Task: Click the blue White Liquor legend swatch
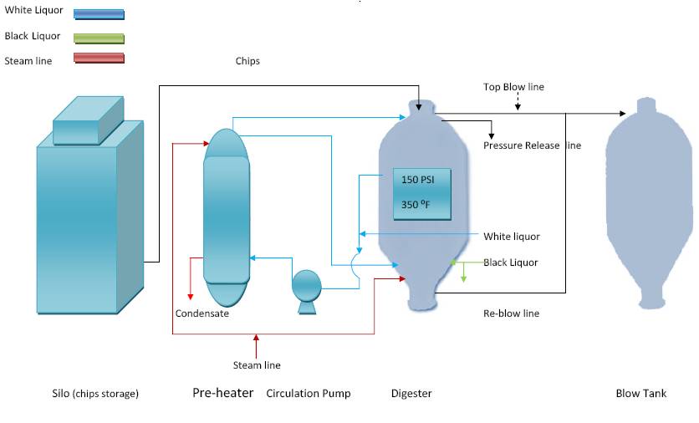coord(99,14)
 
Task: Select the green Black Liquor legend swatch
coord(99,38)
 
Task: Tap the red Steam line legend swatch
coord(99,59)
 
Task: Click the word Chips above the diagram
coord(247,61)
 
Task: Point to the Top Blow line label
coord(513,87)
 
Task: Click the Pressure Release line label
coord(532,145)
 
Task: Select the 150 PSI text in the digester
coord(417,180)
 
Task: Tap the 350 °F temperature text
coord(417,205)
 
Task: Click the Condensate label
coord(202,313)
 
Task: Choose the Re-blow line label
coord(511,313)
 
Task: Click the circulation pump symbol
coord(305,287)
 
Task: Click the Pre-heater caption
coord(223,393)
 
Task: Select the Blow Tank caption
coord(640,393)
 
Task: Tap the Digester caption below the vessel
coord(411,393)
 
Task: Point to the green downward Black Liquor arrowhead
coord(464,278)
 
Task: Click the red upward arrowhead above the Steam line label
coord(257,339)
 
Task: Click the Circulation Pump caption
coord(309,393)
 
